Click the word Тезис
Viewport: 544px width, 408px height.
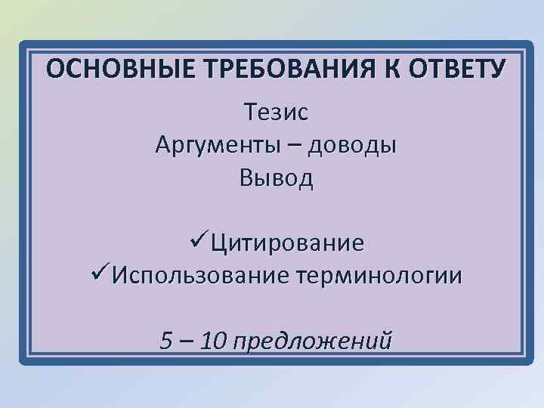coord(276,113)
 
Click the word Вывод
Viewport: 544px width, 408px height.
coord(276,178)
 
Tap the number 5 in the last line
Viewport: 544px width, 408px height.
coord(167,341)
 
